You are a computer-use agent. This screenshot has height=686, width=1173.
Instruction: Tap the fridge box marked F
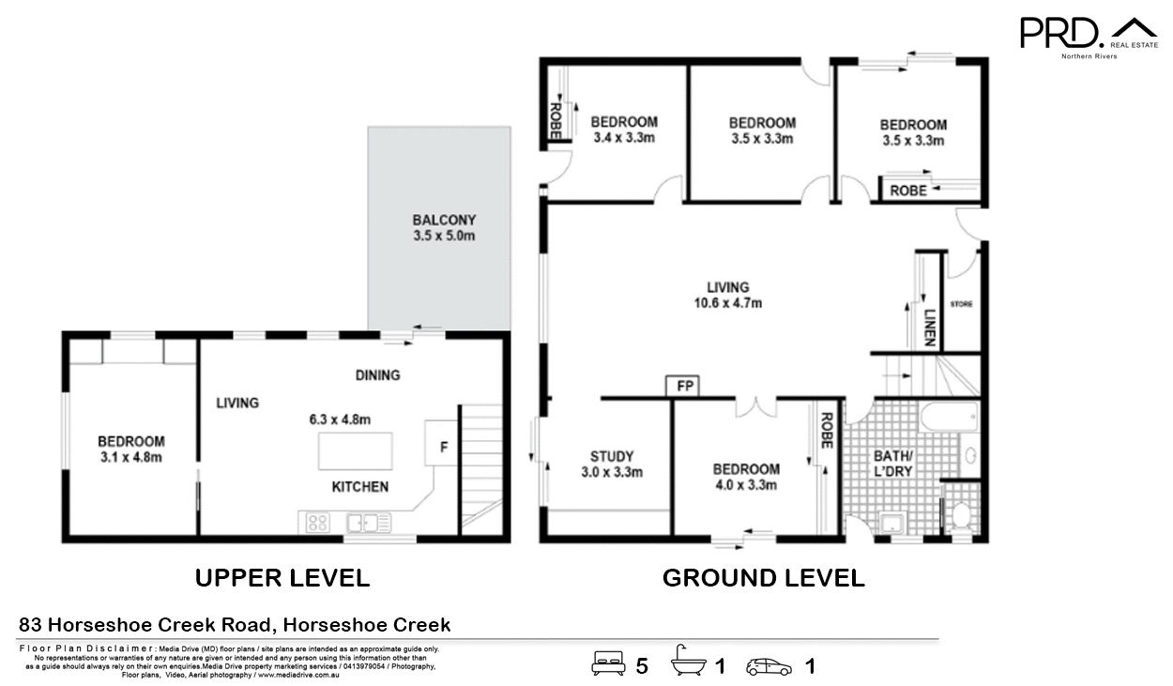(x=443, y=447)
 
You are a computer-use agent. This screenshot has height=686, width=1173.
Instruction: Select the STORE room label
(x=962, y=304)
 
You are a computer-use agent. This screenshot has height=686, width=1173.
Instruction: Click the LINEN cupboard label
(x=929, y=328)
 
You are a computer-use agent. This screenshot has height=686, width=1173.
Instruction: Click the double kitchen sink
(x=368, y=523)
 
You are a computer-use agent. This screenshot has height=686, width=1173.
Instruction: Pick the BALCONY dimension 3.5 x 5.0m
(x=444, y=236)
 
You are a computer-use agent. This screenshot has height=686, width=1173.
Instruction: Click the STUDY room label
(x=612, y=457)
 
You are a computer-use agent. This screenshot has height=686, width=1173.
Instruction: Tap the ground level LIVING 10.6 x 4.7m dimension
(x=727, y=303)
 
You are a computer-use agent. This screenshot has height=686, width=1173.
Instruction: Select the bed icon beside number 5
(x=608, y=665)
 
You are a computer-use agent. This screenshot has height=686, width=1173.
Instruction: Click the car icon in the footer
(x=769, y=666)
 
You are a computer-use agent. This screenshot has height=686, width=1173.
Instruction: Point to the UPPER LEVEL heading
(x=282, y=578)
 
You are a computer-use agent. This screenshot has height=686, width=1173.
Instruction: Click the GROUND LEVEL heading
(x=763, y=578)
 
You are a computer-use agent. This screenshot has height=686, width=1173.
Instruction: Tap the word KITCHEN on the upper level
(x=360, y=487)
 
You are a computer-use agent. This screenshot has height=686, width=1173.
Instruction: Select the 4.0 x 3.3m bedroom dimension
(x=745, y=485)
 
